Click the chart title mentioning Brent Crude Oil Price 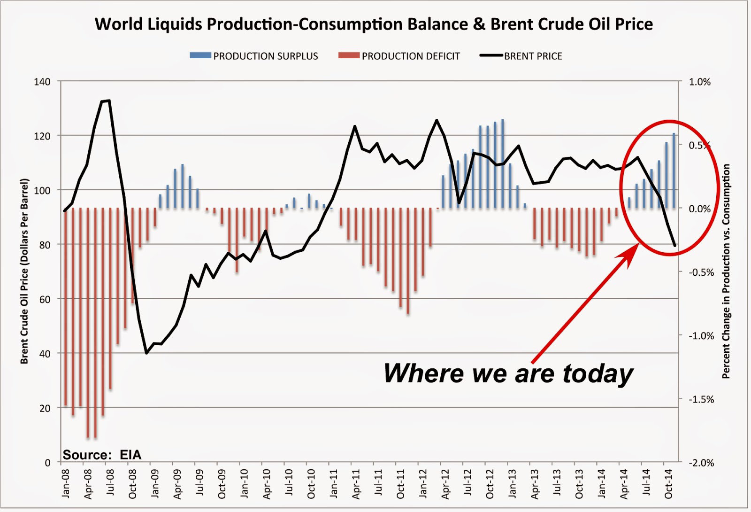(374, 24)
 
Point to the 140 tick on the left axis (42, 82)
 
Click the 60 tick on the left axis (44, 299)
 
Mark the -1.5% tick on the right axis (701, 399)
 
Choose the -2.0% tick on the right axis (701, 463)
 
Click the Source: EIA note (102, 455)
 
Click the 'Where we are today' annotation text (508, 373)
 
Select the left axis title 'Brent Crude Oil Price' (24, 271)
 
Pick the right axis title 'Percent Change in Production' (726, 271)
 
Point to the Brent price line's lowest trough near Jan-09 (146, 353)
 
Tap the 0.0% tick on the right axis (700, 209)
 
